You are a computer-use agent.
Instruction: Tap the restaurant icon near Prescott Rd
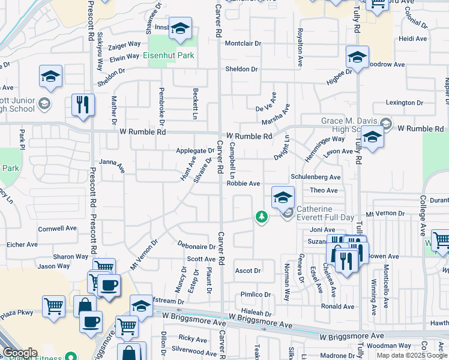point(82,104)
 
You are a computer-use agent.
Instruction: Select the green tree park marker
point(261,216)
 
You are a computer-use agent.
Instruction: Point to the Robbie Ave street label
point(243,184)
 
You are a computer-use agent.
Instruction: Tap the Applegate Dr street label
point(195,151)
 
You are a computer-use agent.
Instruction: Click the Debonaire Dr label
point(196,246)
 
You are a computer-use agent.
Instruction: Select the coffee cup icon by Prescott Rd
point(109,285)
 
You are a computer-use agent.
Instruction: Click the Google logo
point(20,353)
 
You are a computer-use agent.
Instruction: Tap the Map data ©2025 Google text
point(411,355)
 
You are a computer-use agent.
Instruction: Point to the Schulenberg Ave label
point(315,177)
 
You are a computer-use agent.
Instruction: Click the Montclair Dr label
point(243,43)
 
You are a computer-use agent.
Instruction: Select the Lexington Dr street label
point(400,103)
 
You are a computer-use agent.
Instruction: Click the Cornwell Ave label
point(58,228)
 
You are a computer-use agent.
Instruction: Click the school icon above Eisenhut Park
point(179,29)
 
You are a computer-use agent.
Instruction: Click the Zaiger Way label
point(125,44)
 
